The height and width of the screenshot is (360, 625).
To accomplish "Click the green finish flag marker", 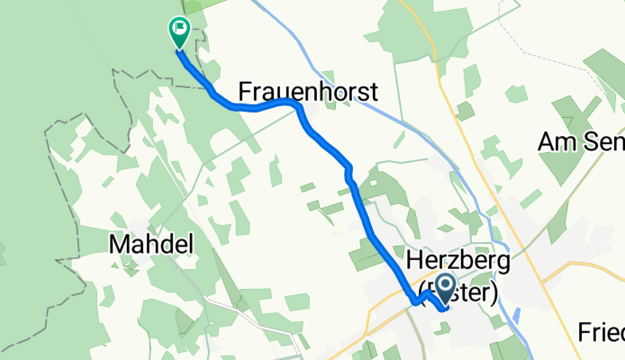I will click(178, 32).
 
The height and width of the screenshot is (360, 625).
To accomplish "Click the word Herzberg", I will click(458, 260).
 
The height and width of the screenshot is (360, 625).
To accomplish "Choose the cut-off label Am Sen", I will click(580, 140).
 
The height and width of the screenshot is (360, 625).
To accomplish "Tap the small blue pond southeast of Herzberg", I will click(515, 316).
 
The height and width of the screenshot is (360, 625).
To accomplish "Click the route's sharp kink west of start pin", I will click(413, 301).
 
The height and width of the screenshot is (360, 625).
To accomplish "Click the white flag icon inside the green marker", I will click(178, 27).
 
